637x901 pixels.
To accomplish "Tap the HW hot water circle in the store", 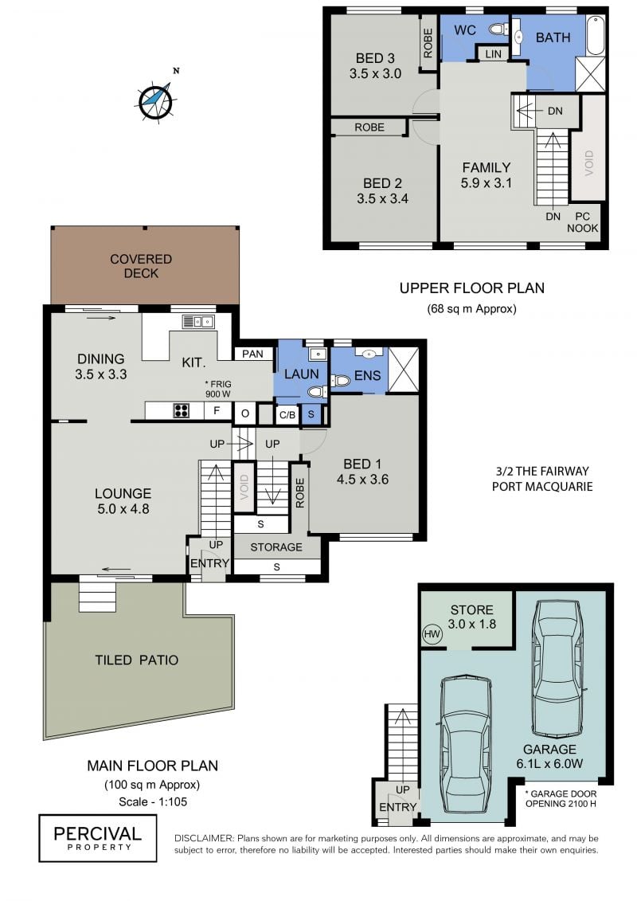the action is [x=432, y=634].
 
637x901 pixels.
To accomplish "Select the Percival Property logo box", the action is [x=98, y=838].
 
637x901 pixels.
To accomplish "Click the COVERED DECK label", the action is [x=141, y=266].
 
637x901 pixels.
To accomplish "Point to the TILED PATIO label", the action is [x=137, y=660].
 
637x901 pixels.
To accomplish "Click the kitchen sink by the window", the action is [x=198, y=321].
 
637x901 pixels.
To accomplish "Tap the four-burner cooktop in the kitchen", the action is [x=182, y=410].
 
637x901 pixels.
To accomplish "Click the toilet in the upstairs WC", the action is [x=498, y=29].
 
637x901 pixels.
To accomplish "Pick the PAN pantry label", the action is [x=252, y=354].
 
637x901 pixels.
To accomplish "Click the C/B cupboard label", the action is [x=287, y=414].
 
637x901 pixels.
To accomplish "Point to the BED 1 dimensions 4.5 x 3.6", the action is [x=362, y=480].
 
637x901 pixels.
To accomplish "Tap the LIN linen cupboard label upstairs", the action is [x=494, y=54].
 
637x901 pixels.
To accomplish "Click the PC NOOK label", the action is [x=582, y=222].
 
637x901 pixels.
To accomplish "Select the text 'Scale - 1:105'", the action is [x=153, y=801].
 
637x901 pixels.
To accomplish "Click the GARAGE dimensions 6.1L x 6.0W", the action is [x=549, y=764].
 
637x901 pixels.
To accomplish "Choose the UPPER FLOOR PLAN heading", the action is [x=472, y=288].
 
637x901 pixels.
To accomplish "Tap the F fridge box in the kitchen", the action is [x=217, y=411].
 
